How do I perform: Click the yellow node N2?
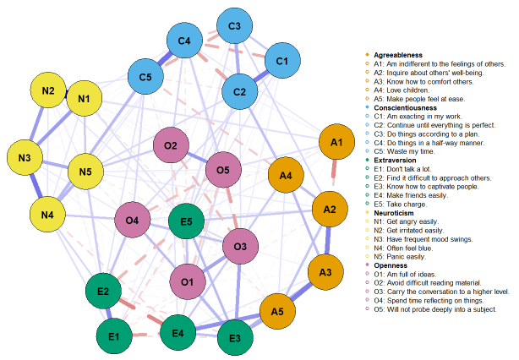48,91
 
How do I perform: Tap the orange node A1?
336,142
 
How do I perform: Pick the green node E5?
186,222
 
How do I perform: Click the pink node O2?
171,146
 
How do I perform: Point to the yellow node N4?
52,215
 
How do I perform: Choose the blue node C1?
282,61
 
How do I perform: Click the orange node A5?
276,312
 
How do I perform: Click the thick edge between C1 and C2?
262,75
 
